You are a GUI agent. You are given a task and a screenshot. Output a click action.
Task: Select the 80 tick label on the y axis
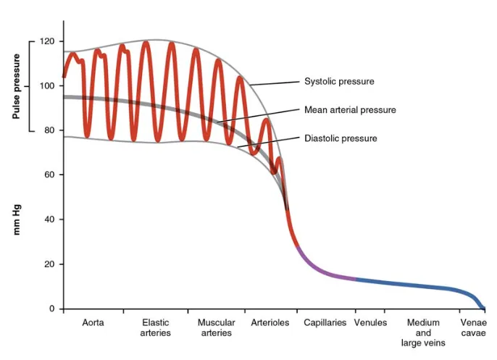coord(49,130)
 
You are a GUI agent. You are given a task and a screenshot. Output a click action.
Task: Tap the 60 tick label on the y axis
coord(49,175)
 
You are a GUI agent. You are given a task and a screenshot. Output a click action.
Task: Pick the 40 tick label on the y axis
coord(49,219)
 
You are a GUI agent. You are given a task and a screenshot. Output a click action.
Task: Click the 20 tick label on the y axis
coord(49,264)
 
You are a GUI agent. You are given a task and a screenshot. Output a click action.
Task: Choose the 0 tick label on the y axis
coord(52,309)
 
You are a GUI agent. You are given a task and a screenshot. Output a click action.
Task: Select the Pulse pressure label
coord(16,87)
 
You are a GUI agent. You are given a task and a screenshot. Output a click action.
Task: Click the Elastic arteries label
coord(156,327)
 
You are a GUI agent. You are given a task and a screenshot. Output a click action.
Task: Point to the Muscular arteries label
coord(216,327)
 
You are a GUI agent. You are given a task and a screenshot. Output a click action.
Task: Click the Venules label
coord(371,322)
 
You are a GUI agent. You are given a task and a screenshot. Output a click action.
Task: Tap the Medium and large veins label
coord(424,332)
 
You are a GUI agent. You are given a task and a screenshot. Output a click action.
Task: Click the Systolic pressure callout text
coord(339,82)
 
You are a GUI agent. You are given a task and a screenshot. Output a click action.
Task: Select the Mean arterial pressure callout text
coord(350,110)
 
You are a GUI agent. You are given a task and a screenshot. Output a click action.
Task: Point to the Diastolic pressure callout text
coord(341,138)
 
